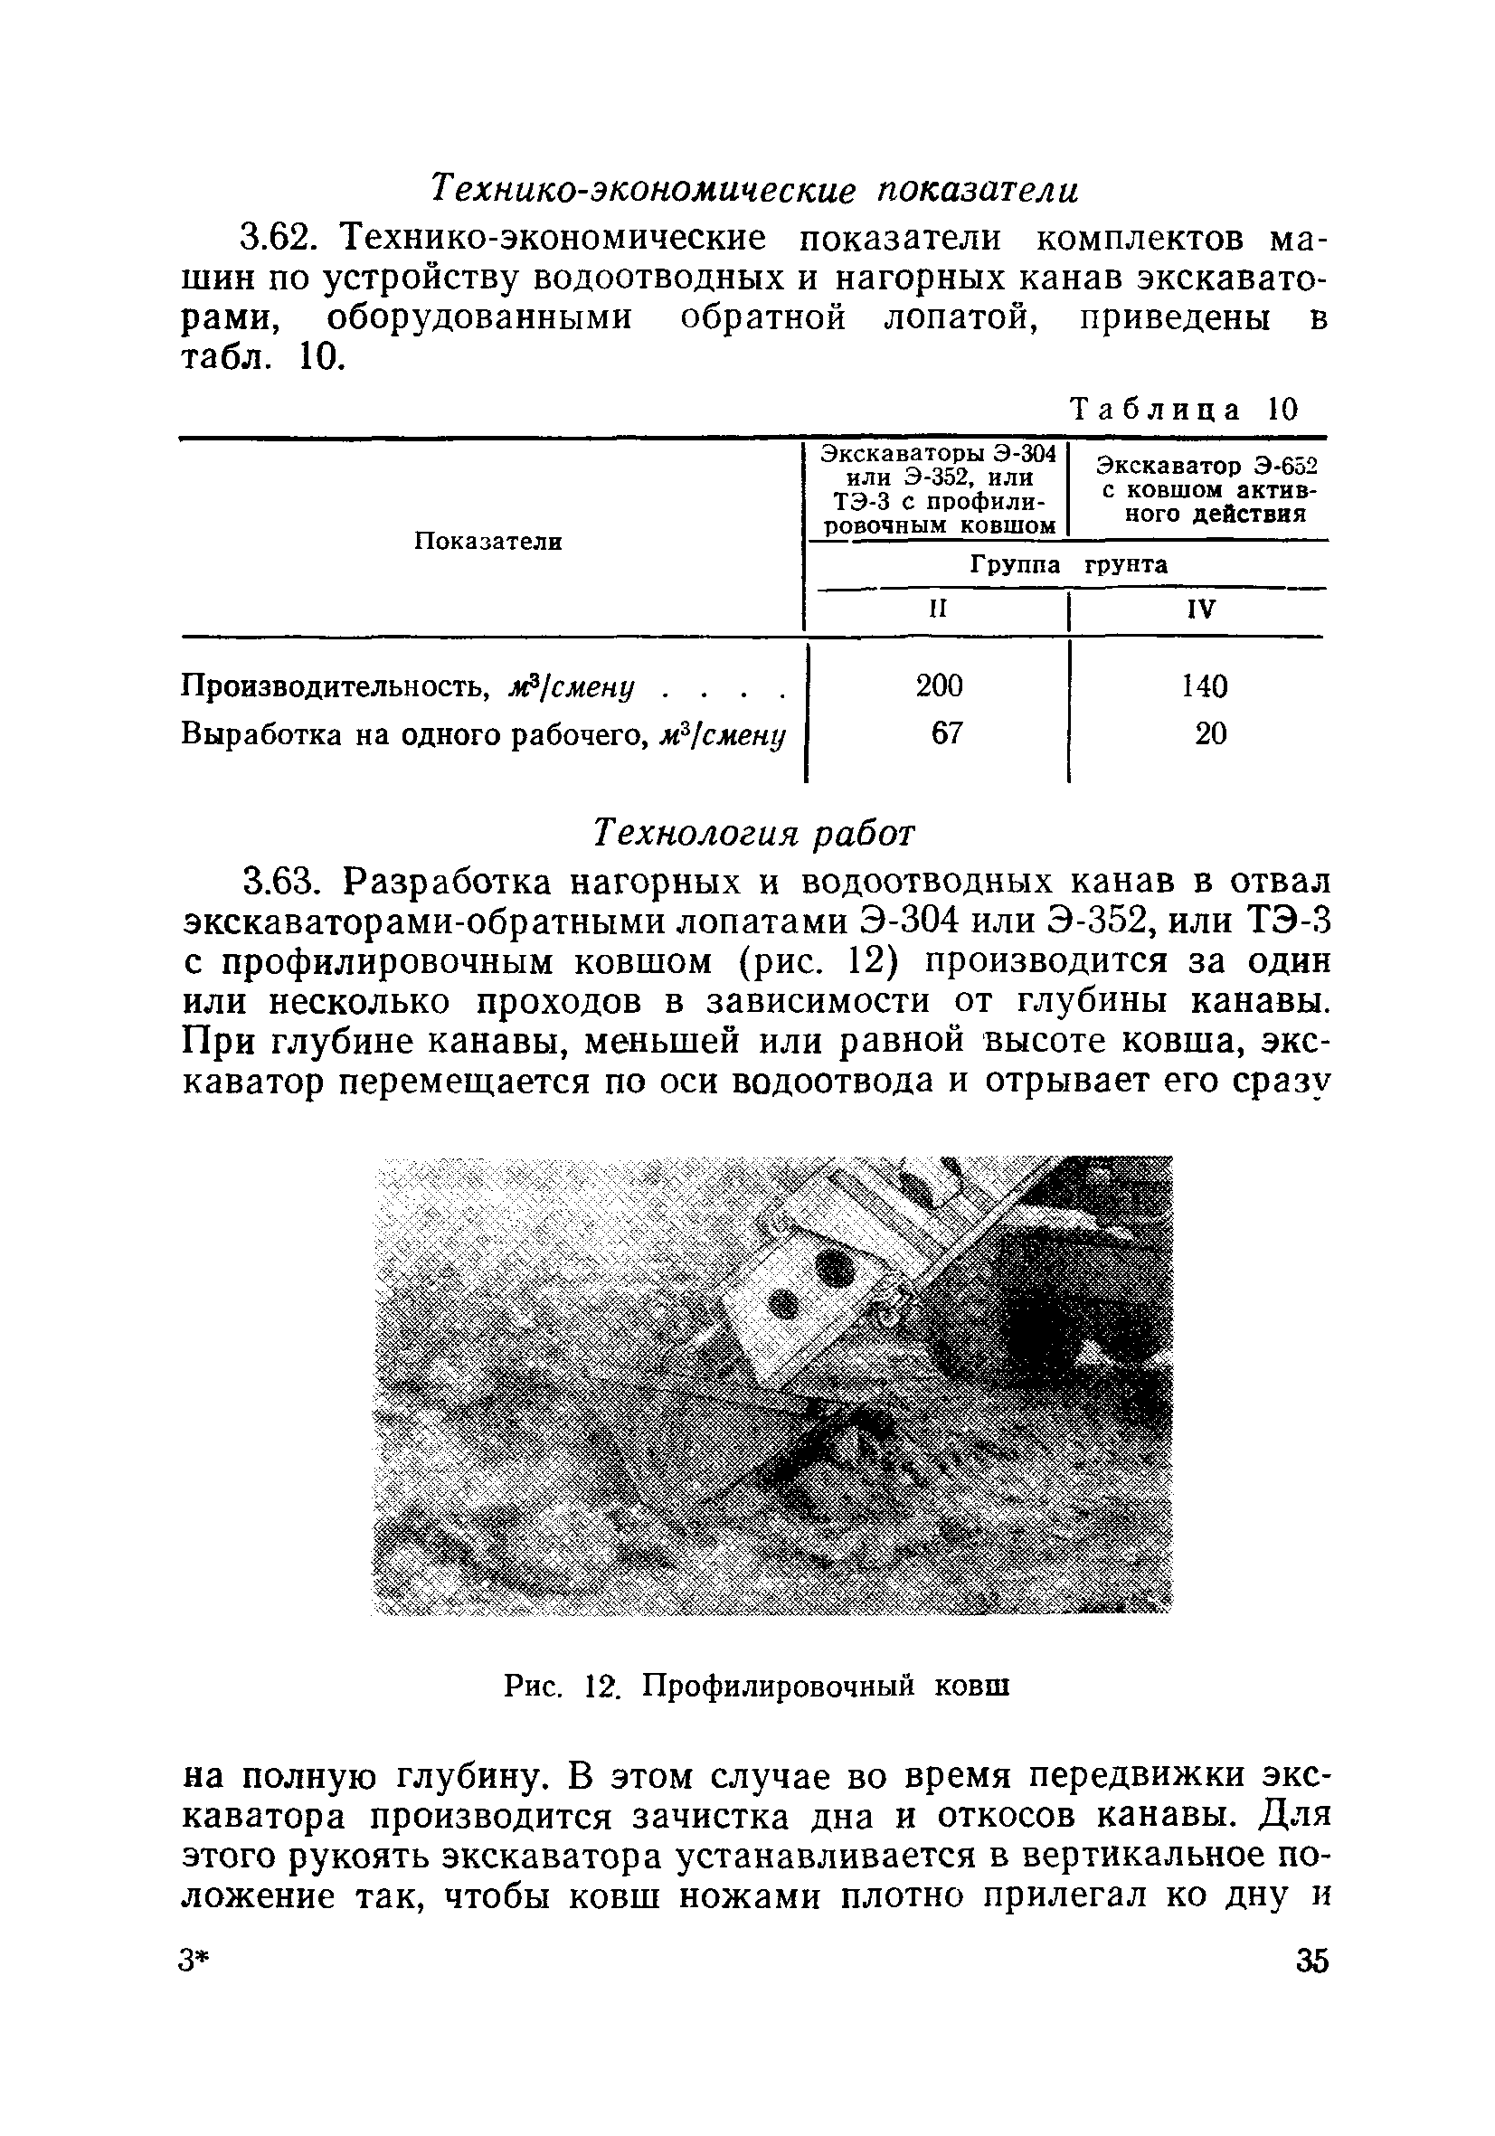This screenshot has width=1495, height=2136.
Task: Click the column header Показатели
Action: pos(487,542)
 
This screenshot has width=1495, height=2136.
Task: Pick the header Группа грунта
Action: pos(1068,564)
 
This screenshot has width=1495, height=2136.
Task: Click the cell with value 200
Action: pos(939,685)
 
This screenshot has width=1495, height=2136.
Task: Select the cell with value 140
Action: pos(1204,686)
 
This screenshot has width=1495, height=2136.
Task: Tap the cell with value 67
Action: pos(946,734)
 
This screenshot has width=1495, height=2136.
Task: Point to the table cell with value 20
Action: pos(1210,735)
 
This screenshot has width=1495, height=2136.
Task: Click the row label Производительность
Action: pos(335,686)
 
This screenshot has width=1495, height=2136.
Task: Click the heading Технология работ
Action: pos(754,833)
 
